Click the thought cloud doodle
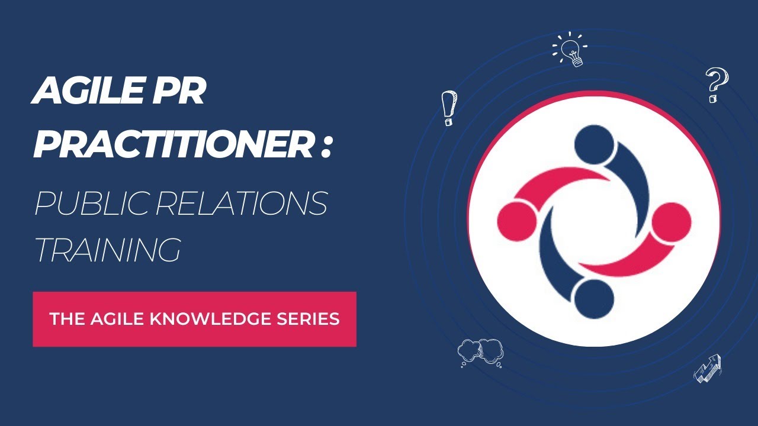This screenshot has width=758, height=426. [x=480, y=352]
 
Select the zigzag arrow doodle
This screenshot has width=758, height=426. [x=708, y=368]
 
